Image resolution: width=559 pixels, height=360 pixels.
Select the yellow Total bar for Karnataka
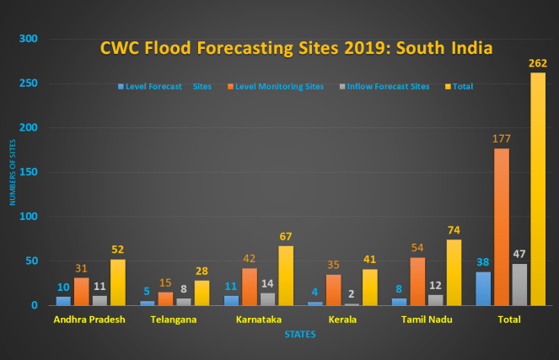pos(287,275)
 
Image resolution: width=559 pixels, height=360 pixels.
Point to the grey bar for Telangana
pos(184,301)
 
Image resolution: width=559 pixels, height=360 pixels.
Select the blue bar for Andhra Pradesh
pos(63,300)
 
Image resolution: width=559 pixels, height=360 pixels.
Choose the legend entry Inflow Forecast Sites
pos(384,86)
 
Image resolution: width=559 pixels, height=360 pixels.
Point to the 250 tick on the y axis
pos(29,83)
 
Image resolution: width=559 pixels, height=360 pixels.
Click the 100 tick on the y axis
pos(29,217)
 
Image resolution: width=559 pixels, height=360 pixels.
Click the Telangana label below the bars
pos(173,320)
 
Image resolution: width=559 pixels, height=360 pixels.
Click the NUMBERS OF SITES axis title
pos(13,177)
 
